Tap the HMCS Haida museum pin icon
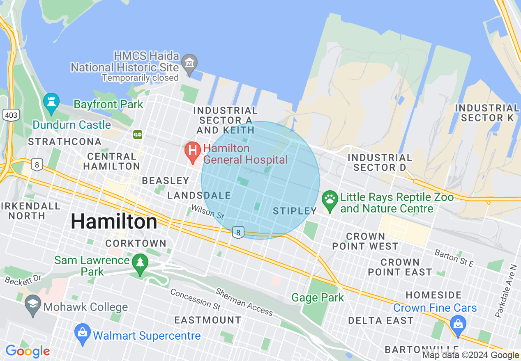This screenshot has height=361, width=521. pyautogui.click(x=189, y=63)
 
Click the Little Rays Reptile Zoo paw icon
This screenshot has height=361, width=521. pyautogui.click(x=330, y=199)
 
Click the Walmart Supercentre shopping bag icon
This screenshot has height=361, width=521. pyautogui.click(x=83, y=333)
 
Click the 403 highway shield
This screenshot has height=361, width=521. pyautogui.click(x=10, y=115)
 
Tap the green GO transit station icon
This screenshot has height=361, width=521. pyautogui.click(x=138, y=134)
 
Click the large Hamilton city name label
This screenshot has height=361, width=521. pyautogui.click(x=114, y=222)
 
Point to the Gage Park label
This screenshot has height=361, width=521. pyautogui.click(x=318, y=297)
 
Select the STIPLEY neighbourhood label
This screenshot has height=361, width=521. pyautogui.click(x=295, y=211)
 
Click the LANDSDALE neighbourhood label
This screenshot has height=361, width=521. pyautogui.click(x=199, y=195)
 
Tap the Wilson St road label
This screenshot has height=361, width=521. pyautogui.click(x=207, y=212)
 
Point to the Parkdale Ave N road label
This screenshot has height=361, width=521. pyautogui.click(x=505, y=290)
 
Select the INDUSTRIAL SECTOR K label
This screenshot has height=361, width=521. pyautogui.click(x=487, y=113)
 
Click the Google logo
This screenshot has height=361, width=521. pyautogui.click(x=27, y=351)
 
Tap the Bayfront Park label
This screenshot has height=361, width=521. pyautogui.click(x=108, y=104)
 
